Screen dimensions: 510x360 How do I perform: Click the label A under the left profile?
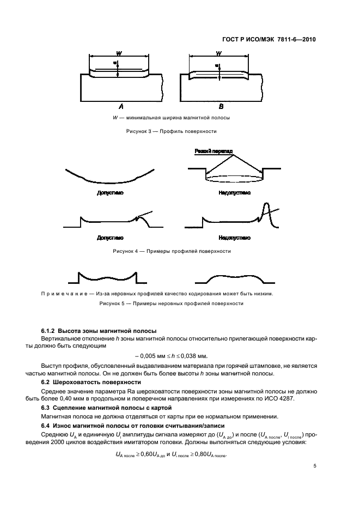pos(120,106)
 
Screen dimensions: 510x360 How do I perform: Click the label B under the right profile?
pos(221,106)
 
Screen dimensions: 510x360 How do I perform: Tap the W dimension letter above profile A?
pos(119,53)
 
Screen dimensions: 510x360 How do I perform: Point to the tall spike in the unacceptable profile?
pos(267,210)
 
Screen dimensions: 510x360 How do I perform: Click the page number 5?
pos(315,466)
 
